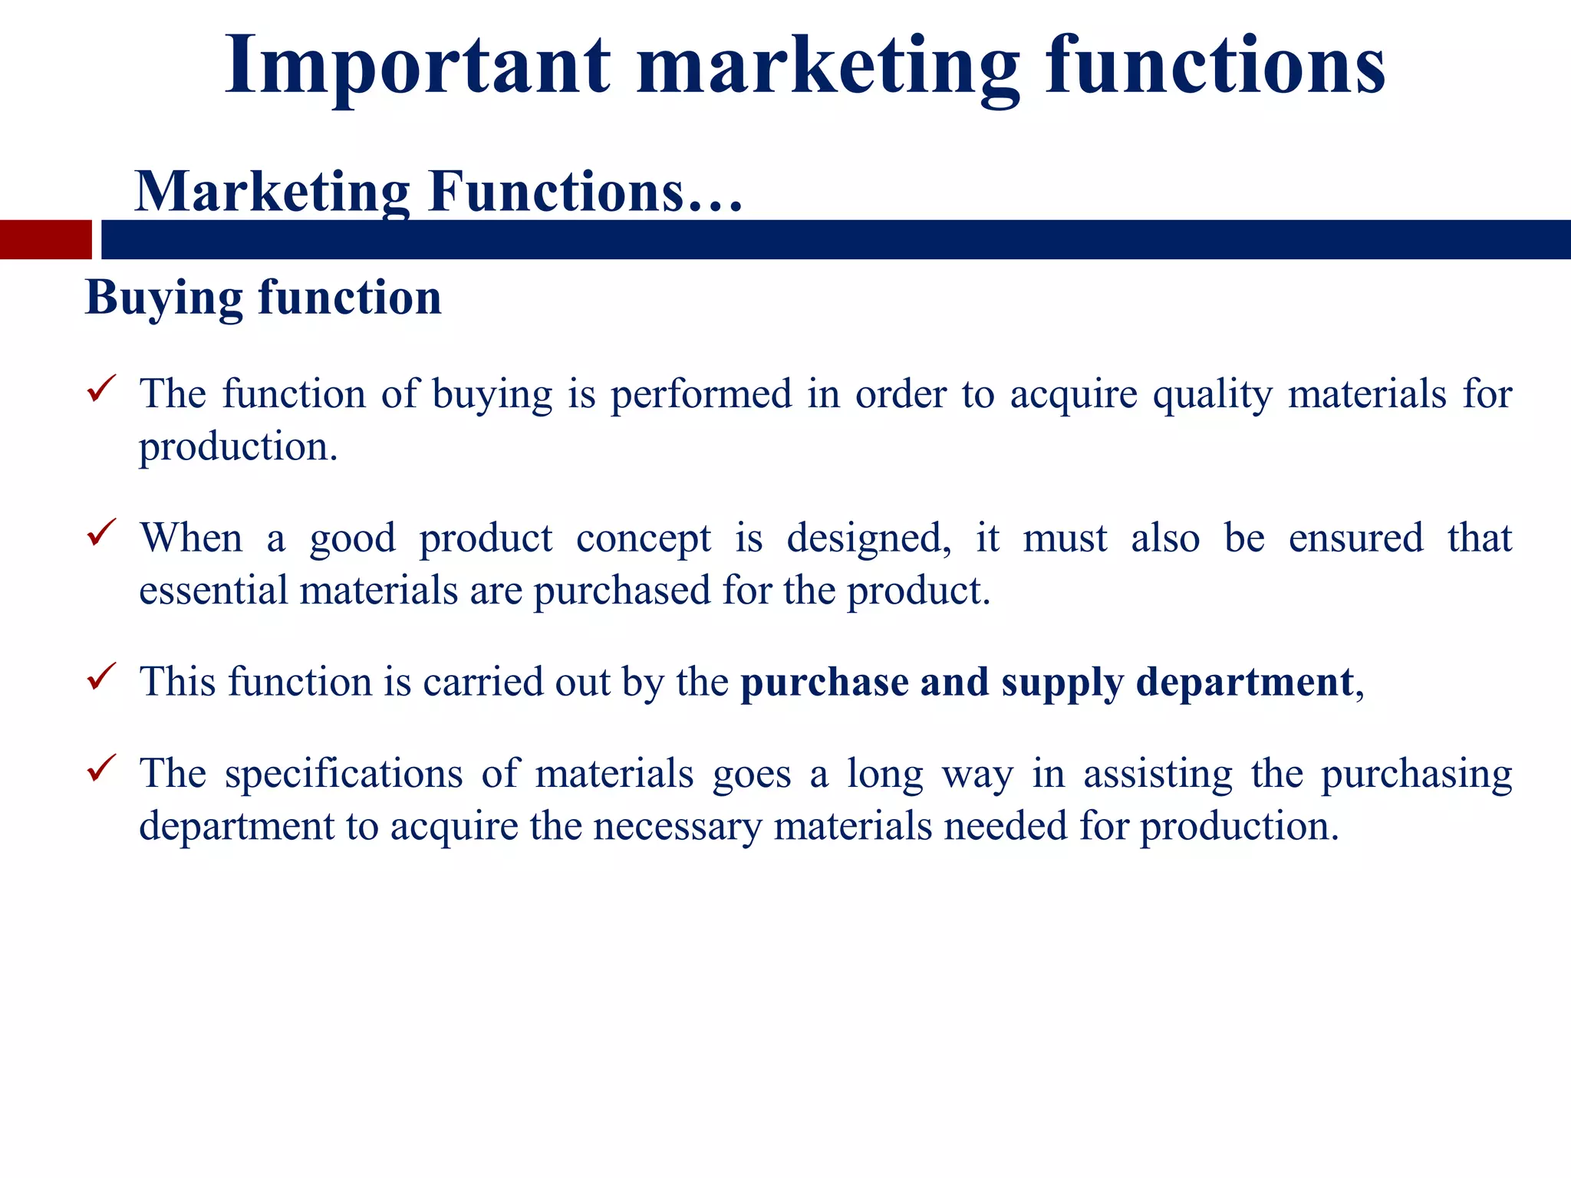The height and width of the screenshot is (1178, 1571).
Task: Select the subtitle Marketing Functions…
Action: coord(439,192)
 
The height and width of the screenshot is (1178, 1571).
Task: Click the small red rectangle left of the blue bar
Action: coord(45,239)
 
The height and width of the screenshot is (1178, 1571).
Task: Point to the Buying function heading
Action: coord(263,298)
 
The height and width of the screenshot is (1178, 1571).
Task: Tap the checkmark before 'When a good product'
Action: coord(101,531)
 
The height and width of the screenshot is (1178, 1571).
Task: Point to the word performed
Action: coord(701,394)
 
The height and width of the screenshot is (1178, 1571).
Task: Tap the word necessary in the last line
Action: coord(677,827)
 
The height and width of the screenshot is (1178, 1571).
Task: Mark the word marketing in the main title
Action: coord(828,67)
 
